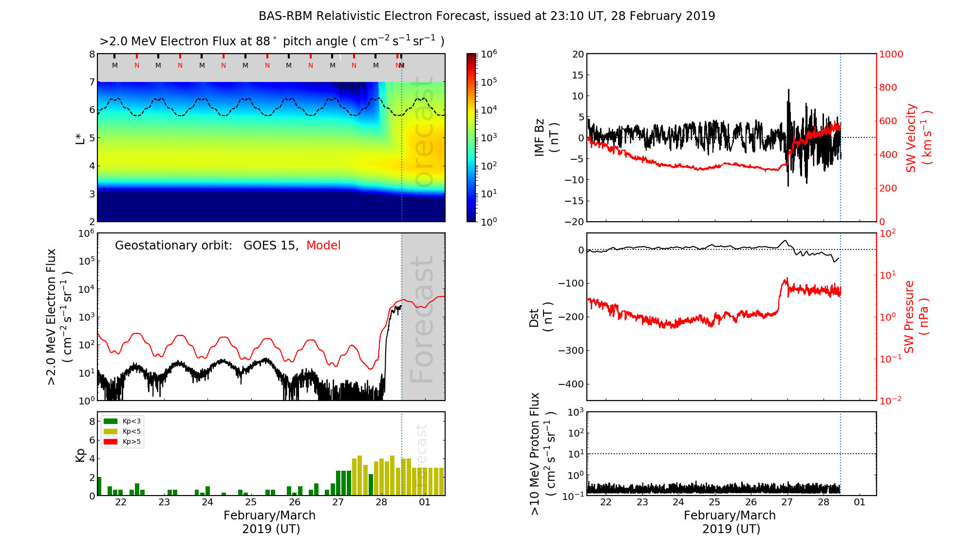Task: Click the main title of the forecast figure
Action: [487, 16]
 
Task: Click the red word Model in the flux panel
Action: [323, 246]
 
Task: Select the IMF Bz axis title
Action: [546, 138]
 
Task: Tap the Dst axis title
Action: [541, 317]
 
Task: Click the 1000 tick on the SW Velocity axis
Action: [891, 54]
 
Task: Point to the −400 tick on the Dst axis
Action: [570, 384]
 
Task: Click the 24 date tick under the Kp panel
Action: [207, 502]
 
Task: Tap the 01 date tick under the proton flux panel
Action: [860, 502]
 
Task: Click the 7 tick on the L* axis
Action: [92, 82]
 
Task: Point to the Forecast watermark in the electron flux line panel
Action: [422, 319]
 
